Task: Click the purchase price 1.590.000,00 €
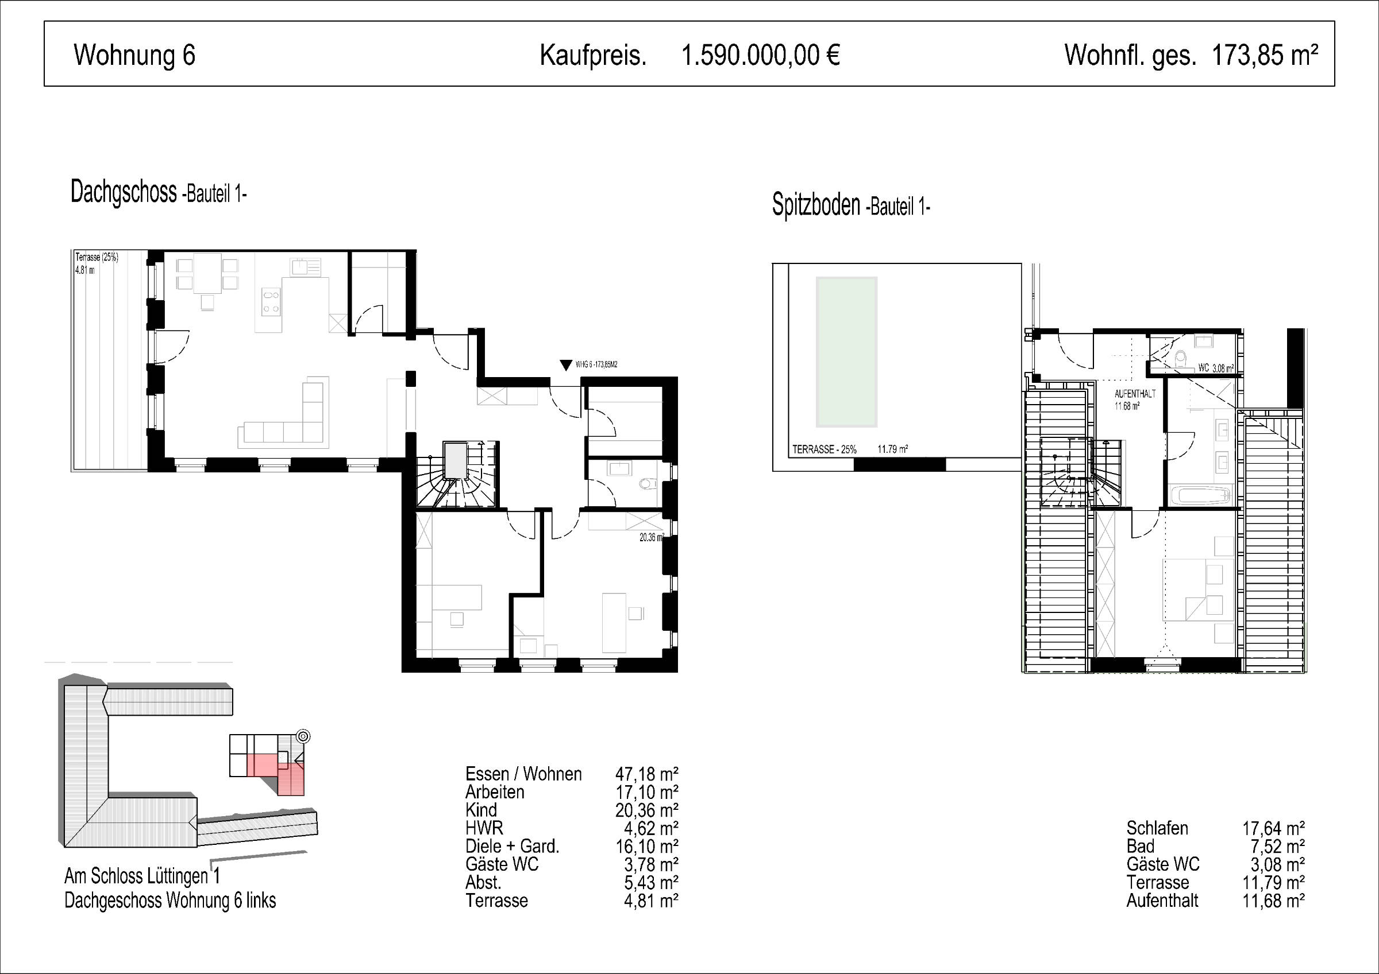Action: tap(760, 56)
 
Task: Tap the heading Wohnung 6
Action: tap(134, 55)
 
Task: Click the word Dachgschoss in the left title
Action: tap(124, 192)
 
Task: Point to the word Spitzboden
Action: tap(816, 205)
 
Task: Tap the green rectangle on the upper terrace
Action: tap(846, 352)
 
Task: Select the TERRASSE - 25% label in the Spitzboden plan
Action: tap(824, 449)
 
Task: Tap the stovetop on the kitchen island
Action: tap(271, 301)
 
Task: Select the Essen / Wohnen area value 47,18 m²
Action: tap(647, 774)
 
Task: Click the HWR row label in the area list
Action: tap(484, 828)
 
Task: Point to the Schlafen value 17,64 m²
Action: tap(1273, 829)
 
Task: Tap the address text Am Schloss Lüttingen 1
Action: tap(142, 876)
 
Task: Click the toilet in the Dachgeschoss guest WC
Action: tap(646, 483)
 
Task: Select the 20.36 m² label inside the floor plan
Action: tap(652, 538)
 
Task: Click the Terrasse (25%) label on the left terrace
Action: tap(97, 258)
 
